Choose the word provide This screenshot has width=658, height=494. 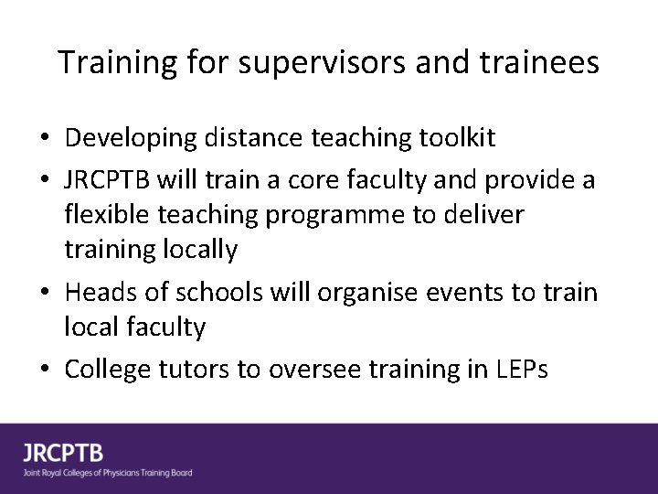coord(529,180)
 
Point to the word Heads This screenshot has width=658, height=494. coord(101,293)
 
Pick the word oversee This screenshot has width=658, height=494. coord(313,370)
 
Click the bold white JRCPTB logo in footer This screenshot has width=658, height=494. coord(63,453)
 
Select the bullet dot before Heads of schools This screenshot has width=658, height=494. coord(44,293)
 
